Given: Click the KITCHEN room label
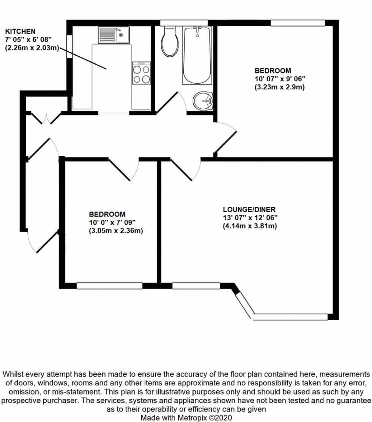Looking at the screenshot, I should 20,31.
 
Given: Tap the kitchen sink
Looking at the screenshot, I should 114,35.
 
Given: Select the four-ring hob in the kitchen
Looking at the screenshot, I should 141,73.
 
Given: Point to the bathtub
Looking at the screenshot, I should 197,56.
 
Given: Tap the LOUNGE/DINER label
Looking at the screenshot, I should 249,209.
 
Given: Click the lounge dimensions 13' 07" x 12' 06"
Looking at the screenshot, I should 250,218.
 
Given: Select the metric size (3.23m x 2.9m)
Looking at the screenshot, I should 280,87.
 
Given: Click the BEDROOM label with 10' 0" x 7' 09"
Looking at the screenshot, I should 107,214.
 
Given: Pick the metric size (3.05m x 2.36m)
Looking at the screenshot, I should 116,231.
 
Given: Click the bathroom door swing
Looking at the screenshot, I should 171,103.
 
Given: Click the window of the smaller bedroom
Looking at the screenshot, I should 109,286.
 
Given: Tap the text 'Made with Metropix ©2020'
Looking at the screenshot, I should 186,417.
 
